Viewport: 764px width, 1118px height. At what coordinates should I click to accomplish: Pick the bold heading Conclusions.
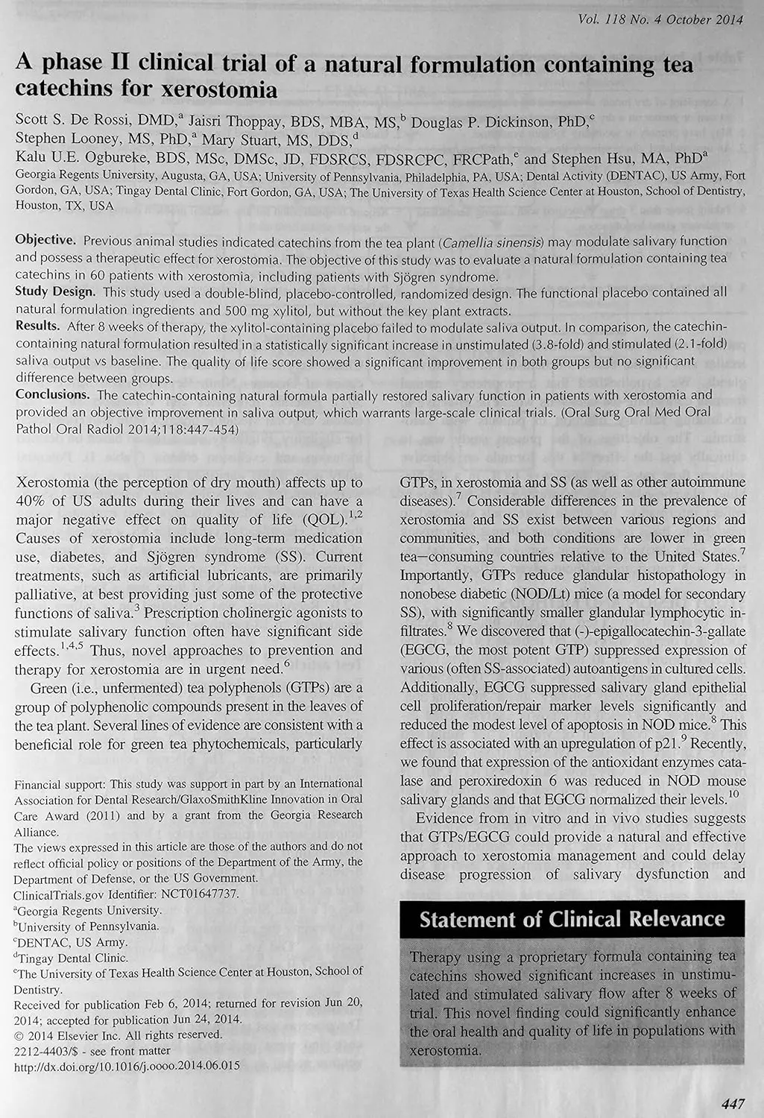[53, 394]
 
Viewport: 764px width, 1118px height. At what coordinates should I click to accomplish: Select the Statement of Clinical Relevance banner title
[572, 919]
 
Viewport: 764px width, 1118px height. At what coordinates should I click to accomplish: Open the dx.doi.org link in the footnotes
[127, 1066]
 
